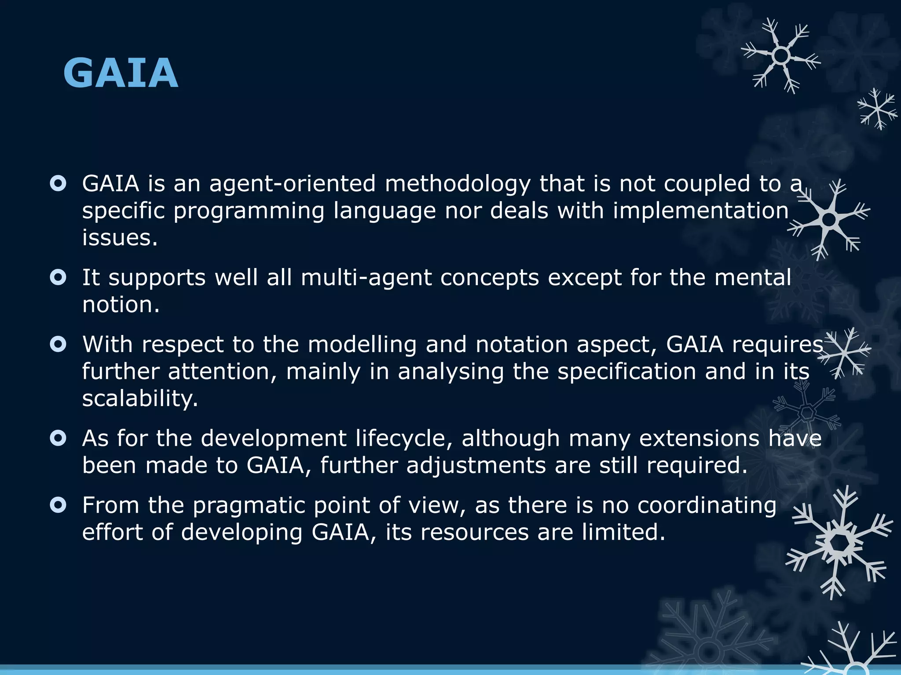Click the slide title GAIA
tap(121, 73)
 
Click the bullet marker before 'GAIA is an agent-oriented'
tap(58, 183)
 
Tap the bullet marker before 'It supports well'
tap(58, 277)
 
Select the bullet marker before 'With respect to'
tap(58, 344)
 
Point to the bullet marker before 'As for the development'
tap(58, 438)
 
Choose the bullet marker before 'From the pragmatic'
tap(58, 505)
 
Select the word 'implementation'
tap(700, 210)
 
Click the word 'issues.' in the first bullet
tap(120, 238)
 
